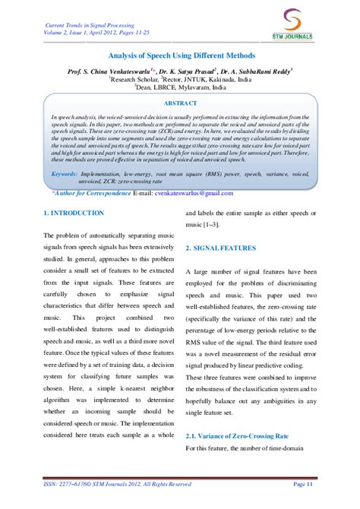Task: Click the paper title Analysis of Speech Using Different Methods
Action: tap(179, 56)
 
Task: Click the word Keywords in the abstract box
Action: tap(68, 174)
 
